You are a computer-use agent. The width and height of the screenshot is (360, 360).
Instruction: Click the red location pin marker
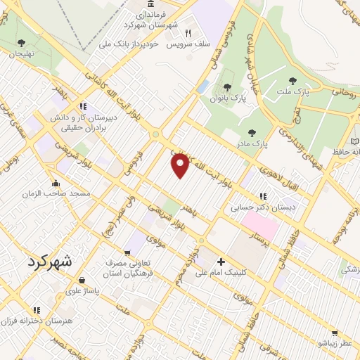(181, 166)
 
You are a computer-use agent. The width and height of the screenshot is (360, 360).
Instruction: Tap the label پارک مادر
(251, 144)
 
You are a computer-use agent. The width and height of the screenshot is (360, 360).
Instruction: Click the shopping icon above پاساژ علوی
(82, 279)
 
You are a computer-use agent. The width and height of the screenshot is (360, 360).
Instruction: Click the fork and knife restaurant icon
(188, 32)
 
